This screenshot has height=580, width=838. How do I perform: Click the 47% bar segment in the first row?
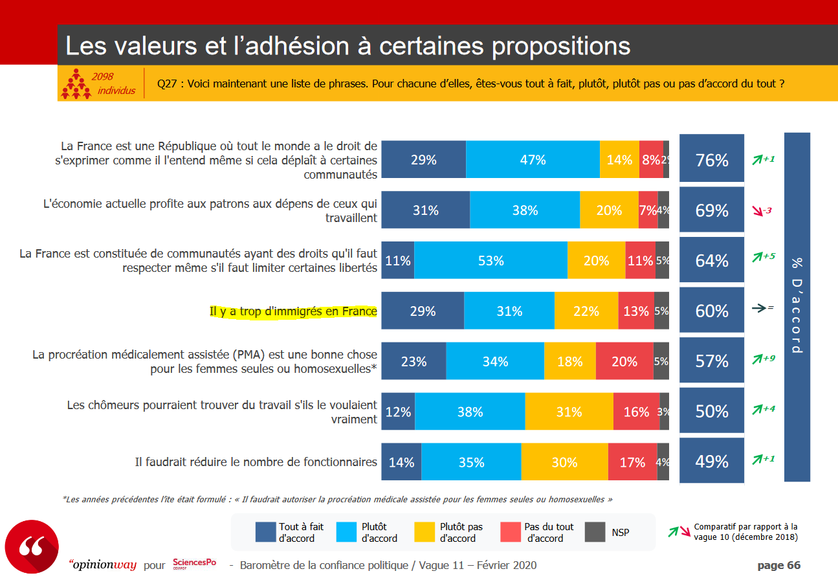point(533,159)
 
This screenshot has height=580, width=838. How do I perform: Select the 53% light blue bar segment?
point(491,260)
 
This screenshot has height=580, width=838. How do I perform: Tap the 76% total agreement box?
point(712,160)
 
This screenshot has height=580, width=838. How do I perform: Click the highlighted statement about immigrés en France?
point(293,311)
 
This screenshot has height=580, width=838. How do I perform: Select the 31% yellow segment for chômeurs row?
point(569,412)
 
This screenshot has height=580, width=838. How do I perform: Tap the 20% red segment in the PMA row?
point(624,361)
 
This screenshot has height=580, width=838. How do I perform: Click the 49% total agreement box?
point(712,462)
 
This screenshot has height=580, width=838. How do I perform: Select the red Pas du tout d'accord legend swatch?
point(510,532)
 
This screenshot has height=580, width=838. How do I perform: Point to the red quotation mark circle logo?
point(32,548)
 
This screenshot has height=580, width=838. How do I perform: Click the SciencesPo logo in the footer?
point(194,564)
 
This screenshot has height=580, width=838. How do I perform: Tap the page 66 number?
point(778,565)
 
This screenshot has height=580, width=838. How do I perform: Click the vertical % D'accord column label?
point(797,306)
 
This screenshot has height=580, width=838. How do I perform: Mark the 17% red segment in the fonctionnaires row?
point(632,462)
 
